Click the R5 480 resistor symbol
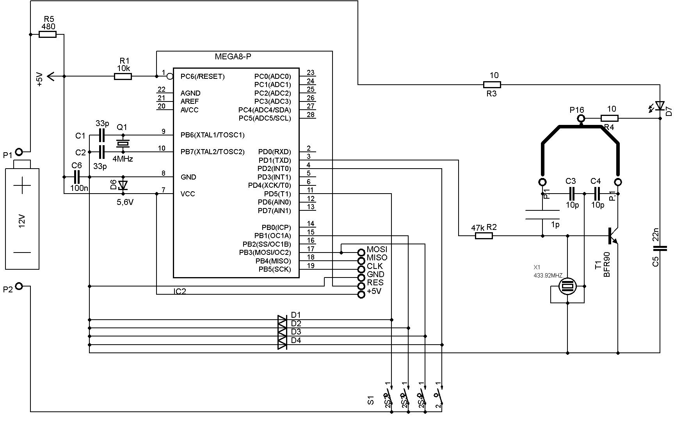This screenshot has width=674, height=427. point(48,35)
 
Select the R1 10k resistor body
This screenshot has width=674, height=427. point(123,77)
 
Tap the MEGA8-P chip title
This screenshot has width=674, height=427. point(233,57)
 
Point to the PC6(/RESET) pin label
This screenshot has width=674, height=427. point(203,77)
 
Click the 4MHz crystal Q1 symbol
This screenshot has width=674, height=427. point(123,144)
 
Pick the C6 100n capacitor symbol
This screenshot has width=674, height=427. point(77,177)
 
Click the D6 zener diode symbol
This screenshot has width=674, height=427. point(123,185)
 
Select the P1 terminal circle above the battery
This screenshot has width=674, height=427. point(19,151)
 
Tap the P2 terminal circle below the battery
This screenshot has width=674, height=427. point(19,286)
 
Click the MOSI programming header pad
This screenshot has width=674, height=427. point(361,252)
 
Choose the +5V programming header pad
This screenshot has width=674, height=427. point(361,294)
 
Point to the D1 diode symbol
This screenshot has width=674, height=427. point(282,320)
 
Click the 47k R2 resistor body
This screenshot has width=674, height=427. point(484,236)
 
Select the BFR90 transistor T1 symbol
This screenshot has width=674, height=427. point(613,235)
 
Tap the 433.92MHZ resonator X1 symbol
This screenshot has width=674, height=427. point(567,286)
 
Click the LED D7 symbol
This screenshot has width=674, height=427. point(660,106)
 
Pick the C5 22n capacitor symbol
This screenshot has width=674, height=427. point(660,248)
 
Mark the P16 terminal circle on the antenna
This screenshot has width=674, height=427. point(581,118)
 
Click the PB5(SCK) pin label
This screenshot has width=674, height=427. point(275,269)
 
